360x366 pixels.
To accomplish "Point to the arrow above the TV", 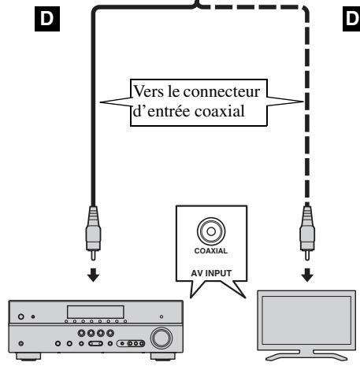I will pos(305,277).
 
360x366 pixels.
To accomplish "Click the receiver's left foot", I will pos(24,360).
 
